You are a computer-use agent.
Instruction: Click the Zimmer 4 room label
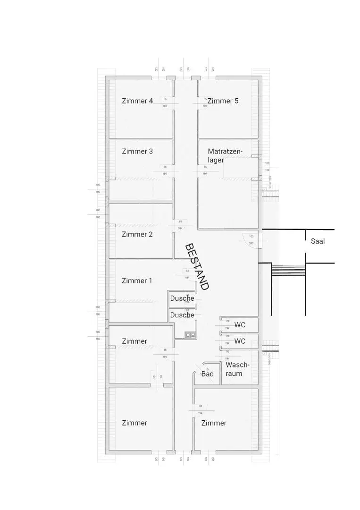coord(137,101)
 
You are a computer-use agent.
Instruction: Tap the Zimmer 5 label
coord(223,101)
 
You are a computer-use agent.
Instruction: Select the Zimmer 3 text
coord(137,152)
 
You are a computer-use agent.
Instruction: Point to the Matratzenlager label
coord(225,155)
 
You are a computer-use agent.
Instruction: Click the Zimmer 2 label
coord(137,234)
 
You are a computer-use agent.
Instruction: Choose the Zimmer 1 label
coord(137,280)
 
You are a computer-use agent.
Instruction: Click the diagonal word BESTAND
coord(196,266)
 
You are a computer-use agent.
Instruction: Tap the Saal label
coord(318,241)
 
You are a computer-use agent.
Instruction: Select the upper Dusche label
coord(182,298)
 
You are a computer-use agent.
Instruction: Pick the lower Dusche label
coord(182,315)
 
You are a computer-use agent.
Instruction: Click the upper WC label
coord(240,325)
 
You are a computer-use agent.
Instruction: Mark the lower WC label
coord(240,341)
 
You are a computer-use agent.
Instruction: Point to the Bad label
coord(208,374)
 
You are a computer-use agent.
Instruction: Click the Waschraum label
coord(237,369)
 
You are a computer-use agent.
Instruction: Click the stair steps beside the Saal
coord(288,271)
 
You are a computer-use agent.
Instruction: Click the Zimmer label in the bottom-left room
coord(134,423)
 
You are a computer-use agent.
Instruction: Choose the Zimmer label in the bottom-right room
coord(214,423)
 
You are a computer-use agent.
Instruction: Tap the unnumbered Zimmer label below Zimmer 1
coord(134,341)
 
